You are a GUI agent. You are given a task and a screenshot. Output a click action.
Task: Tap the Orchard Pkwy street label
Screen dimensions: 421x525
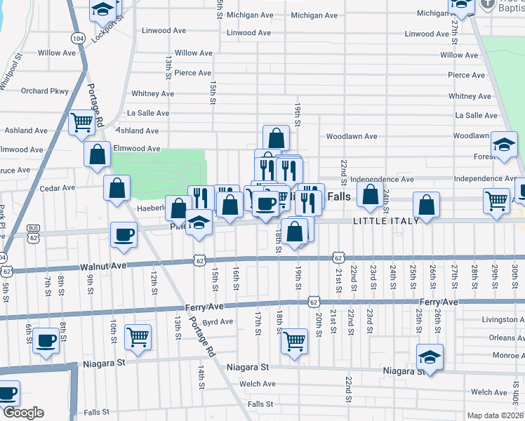44,91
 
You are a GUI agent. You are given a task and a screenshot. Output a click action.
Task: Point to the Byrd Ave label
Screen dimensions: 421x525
217,322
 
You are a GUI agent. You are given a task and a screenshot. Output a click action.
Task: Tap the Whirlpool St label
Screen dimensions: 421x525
11,73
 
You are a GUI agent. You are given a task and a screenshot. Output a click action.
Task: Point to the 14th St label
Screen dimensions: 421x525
201,375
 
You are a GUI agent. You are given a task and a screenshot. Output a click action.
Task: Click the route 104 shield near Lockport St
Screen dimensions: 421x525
78,37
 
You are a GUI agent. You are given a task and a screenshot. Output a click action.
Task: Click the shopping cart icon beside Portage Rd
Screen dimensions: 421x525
82,122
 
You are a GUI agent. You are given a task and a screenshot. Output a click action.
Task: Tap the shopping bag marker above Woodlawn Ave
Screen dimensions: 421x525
277,137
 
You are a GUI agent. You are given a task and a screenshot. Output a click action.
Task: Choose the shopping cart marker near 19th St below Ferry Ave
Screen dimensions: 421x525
295,340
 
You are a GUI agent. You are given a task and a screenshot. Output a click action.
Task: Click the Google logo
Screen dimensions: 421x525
22,413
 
